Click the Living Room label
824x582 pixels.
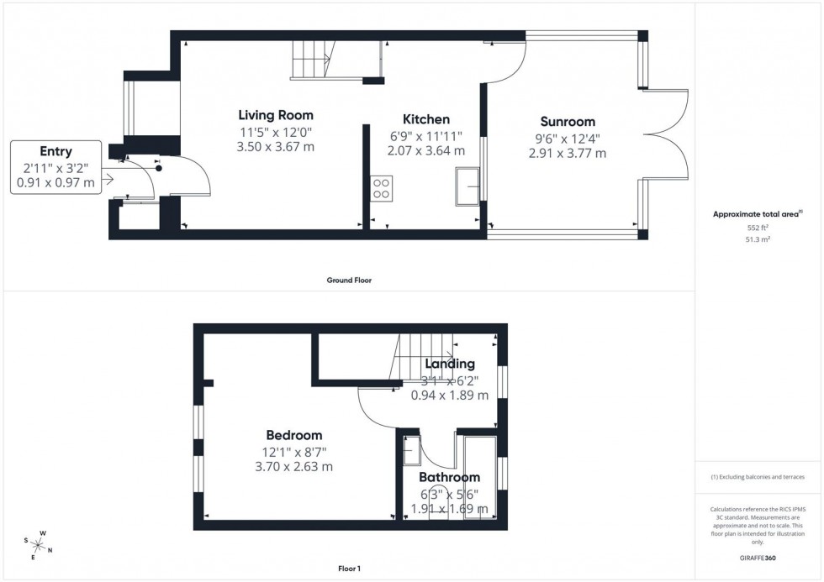coord(275,116)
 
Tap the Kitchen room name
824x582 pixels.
coord(425,120)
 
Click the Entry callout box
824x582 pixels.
coord(55,167)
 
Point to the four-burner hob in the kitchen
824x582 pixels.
coord(380,188)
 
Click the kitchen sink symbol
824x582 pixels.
coord(467,186)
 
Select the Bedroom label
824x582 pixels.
coord(293,435)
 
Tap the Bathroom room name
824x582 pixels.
coord(449,477)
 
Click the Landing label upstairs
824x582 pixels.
coord(450,364)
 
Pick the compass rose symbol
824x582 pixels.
coord(38,546)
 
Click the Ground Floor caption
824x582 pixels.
coord(349,281)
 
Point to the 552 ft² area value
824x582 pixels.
coord(758,228)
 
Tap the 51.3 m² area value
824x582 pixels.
coord(758,239)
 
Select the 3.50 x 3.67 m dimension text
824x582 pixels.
coord(275,148)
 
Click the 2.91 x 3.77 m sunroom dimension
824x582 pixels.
coord(568,154)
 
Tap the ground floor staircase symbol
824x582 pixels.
coord(311,60)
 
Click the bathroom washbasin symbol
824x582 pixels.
coord(412,452)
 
